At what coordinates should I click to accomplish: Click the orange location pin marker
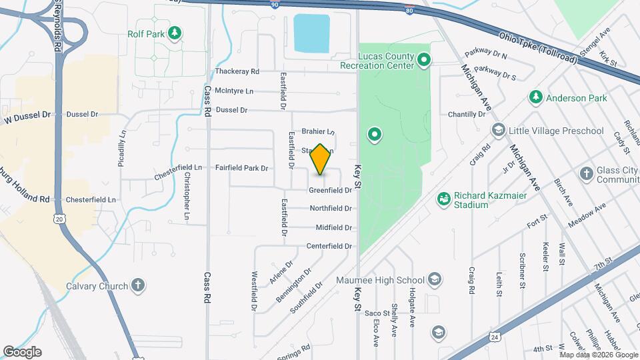click(x=321, y=159)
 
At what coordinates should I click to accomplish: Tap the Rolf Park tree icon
click(x=174, y=32)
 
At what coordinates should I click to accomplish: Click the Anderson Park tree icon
click(x=535, y=98)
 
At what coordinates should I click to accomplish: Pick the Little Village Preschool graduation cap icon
click(x=497, y=129)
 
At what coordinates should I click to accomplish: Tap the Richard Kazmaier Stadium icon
click(x=443, y=199)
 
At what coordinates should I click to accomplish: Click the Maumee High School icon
click(x=435, y=279)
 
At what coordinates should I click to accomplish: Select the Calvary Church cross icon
click(x=138, y=286)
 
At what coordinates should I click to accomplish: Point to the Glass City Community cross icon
click(x=586, y=174)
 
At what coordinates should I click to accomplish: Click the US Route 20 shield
click(x=60, y=218)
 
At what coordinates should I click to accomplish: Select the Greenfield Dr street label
click(x=330, y=190)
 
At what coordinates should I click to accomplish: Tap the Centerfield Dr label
click(x=329, y=246)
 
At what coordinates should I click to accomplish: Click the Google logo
click(x=22, y=352)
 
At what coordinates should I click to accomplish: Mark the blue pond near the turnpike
click(x=312, y=33)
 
